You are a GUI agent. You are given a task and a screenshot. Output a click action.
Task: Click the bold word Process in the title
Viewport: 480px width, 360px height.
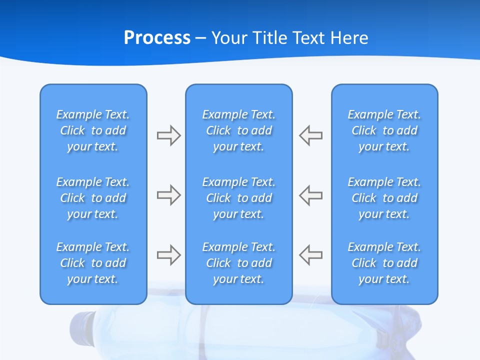coord(157,38)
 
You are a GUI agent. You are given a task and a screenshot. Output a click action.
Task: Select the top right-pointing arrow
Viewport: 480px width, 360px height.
coord(168,135)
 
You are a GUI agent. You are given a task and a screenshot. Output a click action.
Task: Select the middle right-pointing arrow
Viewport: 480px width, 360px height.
coord(168,195)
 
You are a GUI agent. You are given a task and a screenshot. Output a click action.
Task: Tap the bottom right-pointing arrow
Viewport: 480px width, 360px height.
coord(168,255)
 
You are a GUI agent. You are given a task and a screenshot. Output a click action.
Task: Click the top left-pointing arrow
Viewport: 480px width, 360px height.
coord(310,135)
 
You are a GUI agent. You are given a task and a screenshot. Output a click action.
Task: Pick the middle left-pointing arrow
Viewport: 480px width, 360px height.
coord(310,195)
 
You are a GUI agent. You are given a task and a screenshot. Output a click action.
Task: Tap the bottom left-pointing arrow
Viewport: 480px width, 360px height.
coord(310,255)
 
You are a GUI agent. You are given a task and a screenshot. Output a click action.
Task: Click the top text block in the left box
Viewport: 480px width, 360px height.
coord(93,130)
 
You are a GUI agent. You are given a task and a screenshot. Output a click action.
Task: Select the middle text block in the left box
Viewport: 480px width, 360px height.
coord(93,198)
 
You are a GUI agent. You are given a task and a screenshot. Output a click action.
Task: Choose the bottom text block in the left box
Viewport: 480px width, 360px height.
coord(93,263)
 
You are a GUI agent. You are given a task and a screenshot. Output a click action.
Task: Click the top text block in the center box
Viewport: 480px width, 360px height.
coord(238,130)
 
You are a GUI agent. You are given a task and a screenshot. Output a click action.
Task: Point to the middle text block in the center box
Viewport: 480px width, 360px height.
coord(238,198)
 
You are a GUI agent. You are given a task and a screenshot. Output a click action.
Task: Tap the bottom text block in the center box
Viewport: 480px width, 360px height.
coord(238,263)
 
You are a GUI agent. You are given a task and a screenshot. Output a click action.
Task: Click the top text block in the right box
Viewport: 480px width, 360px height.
coord(384,130)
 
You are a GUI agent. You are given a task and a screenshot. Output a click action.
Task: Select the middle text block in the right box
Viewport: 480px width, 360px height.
coord(384,198)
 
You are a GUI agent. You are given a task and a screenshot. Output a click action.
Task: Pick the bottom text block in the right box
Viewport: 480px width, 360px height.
coord(384,263)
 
